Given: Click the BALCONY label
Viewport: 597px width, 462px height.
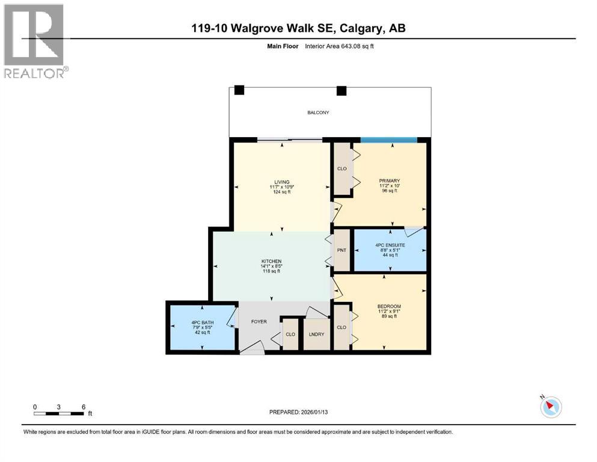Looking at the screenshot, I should tap(319, 112).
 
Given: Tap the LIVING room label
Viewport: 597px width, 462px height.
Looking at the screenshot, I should tap(281, 182).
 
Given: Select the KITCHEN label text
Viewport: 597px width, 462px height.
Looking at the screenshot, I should tap(271, 260).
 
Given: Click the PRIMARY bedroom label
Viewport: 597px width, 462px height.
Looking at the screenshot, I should tap(390, 180).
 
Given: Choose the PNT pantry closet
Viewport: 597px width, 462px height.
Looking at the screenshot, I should tap(342, 250).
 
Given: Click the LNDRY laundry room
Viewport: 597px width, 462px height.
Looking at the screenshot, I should tap(316, 334).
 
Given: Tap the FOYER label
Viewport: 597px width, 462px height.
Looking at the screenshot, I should tap(259, 321).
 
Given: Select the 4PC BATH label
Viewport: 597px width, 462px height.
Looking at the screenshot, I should tap(201, 323).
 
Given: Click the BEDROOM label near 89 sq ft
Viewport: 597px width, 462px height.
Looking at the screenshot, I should tap(390, 306).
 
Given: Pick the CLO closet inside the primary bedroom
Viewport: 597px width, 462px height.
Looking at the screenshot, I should tap(342, 169).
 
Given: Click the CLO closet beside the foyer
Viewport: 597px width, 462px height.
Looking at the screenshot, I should tap(290, 334).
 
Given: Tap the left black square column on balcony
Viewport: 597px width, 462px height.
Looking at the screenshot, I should tap(239, 90).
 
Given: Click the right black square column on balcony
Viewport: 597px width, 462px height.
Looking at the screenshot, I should tap(341, 91).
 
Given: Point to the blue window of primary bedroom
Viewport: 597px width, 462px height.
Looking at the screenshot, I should tap(388, 140).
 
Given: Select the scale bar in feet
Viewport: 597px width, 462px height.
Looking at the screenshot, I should tap(59, 413).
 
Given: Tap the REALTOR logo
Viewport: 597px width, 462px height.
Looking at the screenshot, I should tap(35, 41).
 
